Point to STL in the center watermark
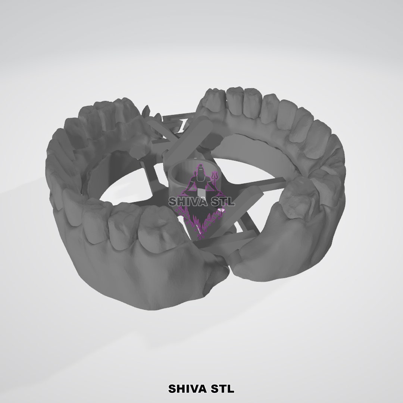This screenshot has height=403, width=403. click(x=224, y=201)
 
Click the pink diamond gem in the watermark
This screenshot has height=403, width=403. click(x=222, y=211)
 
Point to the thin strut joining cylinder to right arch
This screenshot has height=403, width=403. click(x=257, y=182)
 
